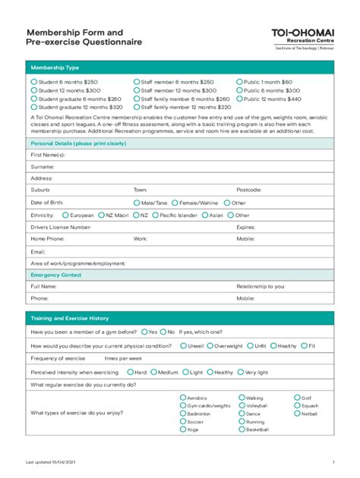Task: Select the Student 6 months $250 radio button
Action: coord(33,81)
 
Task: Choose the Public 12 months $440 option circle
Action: coord(238,99)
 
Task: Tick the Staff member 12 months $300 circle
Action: coord(137,90)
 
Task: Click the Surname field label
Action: coord(42,166)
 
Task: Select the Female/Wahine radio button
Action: coord(175,203)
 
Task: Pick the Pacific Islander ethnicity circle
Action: coord(154,215)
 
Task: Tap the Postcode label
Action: coord(248,190)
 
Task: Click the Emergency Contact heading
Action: coord(55,275)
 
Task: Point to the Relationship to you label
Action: coord(260,287)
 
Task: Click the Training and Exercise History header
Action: coord(69,318)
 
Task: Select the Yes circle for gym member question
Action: coord(144,332)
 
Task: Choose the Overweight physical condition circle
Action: coord(209,345)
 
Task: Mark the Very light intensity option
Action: coord(242,373)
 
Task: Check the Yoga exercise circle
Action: coord(182,429)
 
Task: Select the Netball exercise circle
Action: coord(296,414)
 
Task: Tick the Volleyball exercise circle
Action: coord(242,406)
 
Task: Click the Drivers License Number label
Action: coord(61,227)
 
